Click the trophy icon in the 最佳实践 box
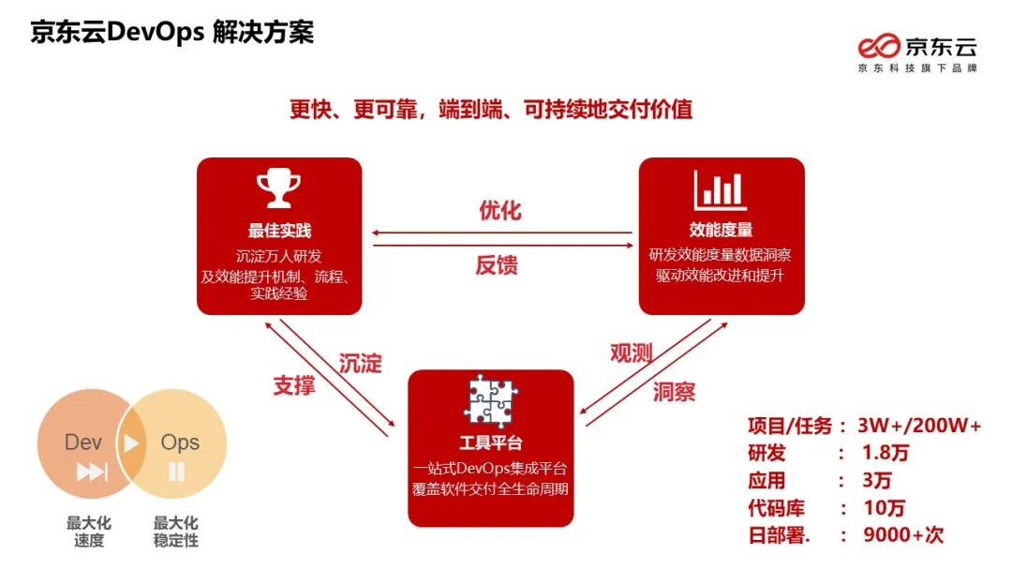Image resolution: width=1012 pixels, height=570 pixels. (x=278, y=188)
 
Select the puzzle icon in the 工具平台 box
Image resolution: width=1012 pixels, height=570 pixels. (x=490, y=400)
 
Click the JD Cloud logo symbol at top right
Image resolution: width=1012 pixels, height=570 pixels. (x=880, y=46)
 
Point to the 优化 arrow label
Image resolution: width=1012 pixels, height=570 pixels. (x=499, y=210)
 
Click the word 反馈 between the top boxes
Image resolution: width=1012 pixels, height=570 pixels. (x=497, y=265)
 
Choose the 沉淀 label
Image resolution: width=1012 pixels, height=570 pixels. (x=360, y=364)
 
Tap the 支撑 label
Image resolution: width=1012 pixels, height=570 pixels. (x=294, y=384)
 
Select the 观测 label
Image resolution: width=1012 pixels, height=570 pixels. (x=631, y=352)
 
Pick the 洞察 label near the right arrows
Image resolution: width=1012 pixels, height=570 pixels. (x=674, y=392)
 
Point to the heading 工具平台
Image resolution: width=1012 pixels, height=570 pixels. (x=490, y=442)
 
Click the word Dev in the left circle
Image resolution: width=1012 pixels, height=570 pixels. (x=83, y=442)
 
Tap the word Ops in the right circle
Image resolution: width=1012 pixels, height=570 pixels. (x=180, y=442)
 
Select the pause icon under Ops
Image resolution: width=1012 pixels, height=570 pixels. (x=176, y=472)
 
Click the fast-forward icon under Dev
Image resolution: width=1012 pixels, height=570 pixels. (x=91, y=472)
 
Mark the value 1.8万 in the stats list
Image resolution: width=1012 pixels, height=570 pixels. (x=885, y=453)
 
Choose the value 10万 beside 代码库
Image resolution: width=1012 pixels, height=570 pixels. (x=884, y=508)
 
